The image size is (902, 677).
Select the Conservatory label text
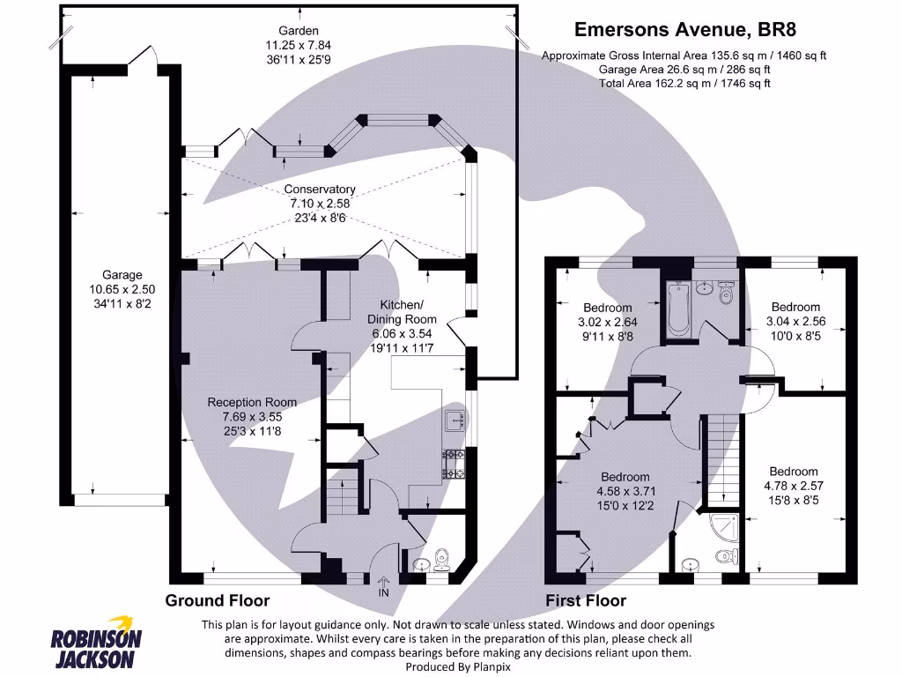click(x=320, y=190)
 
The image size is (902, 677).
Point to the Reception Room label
click(x=252, y=402)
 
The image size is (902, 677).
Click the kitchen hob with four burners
click(x=455, y=465)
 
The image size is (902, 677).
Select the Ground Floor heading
click(x=218, y=601)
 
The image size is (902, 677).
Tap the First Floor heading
click(x=586, y=601)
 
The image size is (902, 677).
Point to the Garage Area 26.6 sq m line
click(x=684, y=70)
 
